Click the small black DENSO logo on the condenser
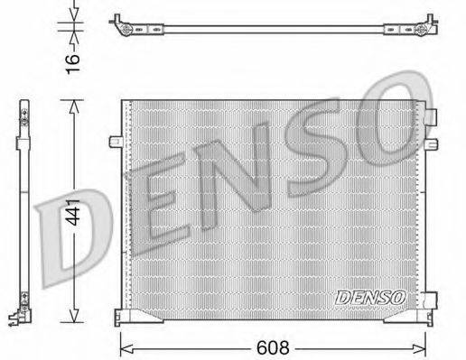point(370,295)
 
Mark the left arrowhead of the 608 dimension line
point(124,344)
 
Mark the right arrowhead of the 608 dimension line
point(424,344)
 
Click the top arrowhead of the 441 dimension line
point(73,103)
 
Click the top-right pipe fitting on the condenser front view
point(433,116)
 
